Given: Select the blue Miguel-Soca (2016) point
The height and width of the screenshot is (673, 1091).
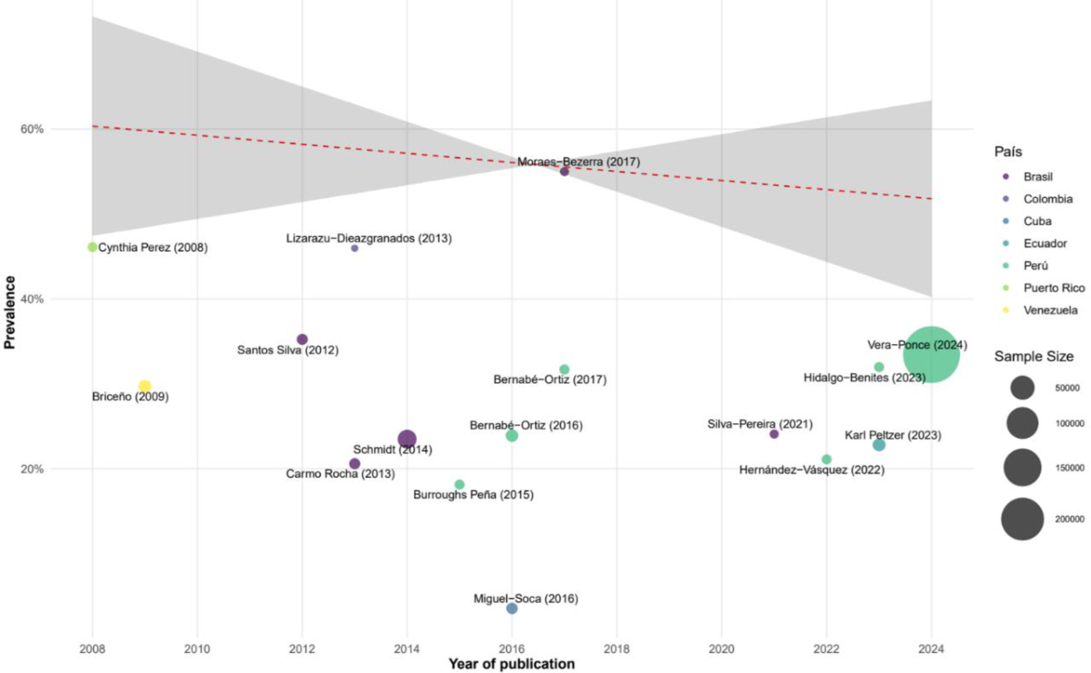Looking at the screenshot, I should pyautogui.click(x=512, y=608).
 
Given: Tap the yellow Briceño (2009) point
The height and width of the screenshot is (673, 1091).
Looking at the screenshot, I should pyautogui.click(x=145, y=386).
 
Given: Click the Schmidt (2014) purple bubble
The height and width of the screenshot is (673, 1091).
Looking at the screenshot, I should pyautogui.click(x=407, y=439).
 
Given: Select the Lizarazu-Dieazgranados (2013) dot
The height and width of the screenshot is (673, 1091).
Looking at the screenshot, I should pyautogui.click(x=354, y=248).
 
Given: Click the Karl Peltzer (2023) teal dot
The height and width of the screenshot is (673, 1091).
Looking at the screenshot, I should pyautogui.click(x=879, y=445).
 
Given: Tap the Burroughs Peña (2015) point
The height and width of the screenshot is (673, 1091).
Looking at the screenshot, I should pyautogui.click(x=460, y=484).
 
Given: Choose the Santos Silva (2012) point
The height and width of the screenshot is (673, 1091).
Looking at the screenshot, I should pyautogui.click(x=302, y=339).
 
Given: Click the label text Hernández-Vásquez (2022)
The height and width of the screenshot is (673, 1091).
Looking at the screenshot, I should pyautogui.click(x=811, y=470).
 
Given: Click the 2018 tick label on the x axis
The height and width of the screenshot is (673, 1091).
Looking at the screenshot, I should pyautogui.click(x=617, y=649).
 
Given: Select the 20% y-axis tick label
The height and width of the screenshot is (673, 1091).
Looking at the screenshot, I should pyautogui.click(x=32, y=469).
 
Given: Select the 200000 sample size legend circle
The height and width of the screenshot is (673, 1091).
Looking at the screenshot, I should pyautogui.click(x=1022, y=519).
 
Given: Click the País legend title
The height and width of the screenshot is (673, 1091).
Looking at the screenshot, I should pyautogui.click(x=1008, y=152).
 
